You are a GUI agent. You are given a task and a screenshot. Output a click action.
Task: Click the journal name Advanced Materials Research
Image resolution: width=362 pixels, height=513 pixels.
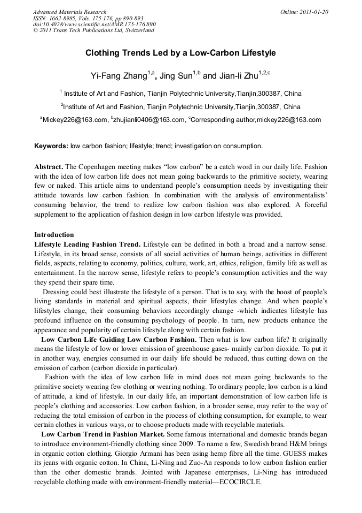(69, 12)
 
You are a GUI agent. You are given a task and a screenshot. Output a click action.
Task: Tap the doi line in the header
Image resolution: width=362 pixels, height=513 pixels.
(94, 24)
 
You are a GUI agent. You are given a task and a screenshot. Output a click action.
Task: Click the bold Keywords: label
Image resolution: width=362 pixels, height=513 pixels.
(51, 146)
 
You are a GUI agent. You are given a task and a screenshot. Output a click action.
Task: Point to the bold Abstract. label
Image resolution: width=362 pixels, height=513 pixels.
(50, 167)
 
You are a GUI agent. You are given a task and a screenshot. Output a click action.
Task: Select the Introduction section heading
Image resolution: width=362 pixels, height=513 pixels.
(54, 235)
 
